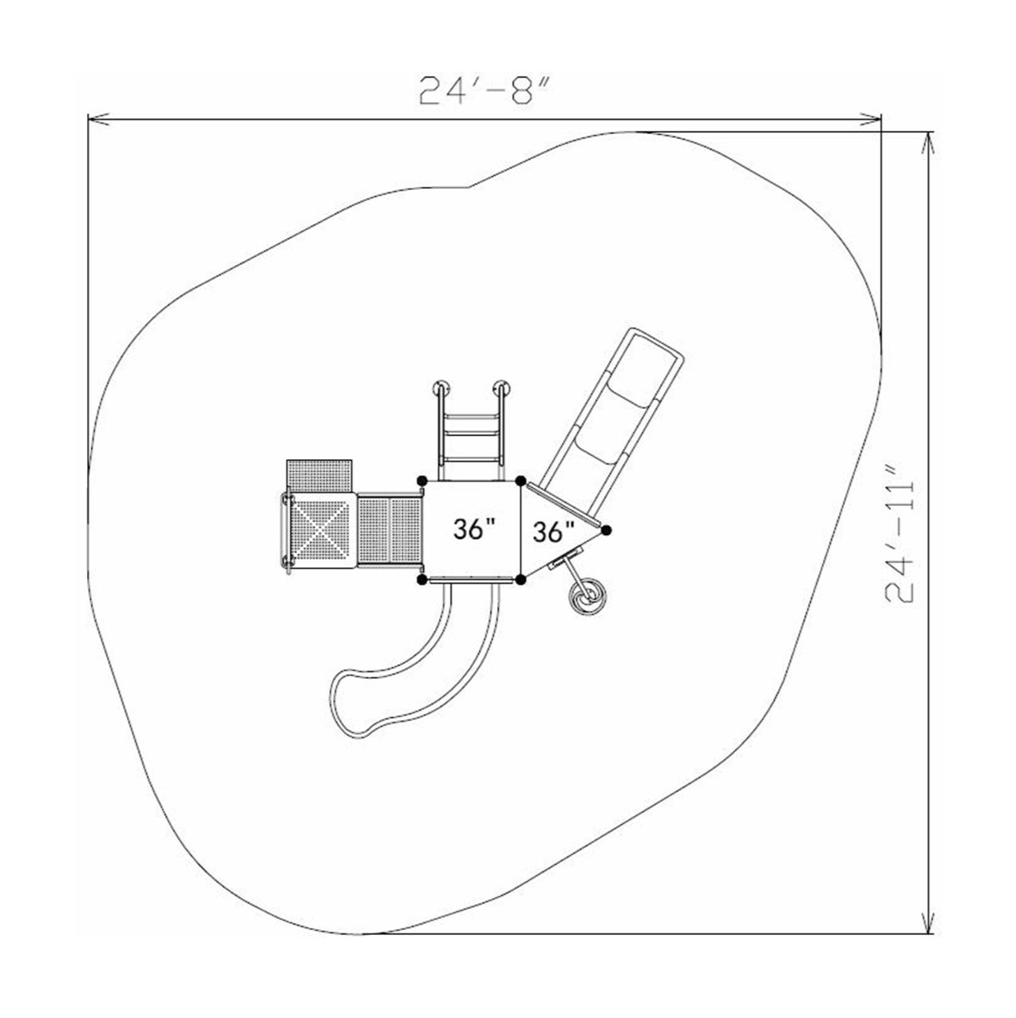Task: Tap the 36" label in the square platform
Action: (x=474, y=529)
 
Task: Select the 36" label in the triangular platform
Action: (x=553, y=531)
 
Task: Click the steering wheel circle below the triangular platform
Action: (x=588, y=596)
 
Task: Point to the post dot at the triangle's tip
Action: (x=607, y=529)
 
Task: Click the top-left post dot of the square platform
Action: (x=421, y=480)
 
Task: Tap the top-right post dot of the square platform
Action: (x=520, y=481)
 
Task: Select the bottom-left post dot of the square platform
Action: (x=421, y=580)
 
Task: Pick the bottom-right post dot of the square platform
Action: (x=520, y=580)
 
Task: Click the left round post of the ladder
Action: (x=441, y=390)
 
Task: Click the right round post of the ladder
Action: (x=502, y=390)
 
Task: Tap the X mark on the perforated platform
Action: (x=322, y=529)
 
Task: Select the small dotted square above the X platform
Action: (x=320, y=475)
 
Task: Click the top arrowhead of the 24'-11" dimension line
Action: (x=927, y=140)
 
